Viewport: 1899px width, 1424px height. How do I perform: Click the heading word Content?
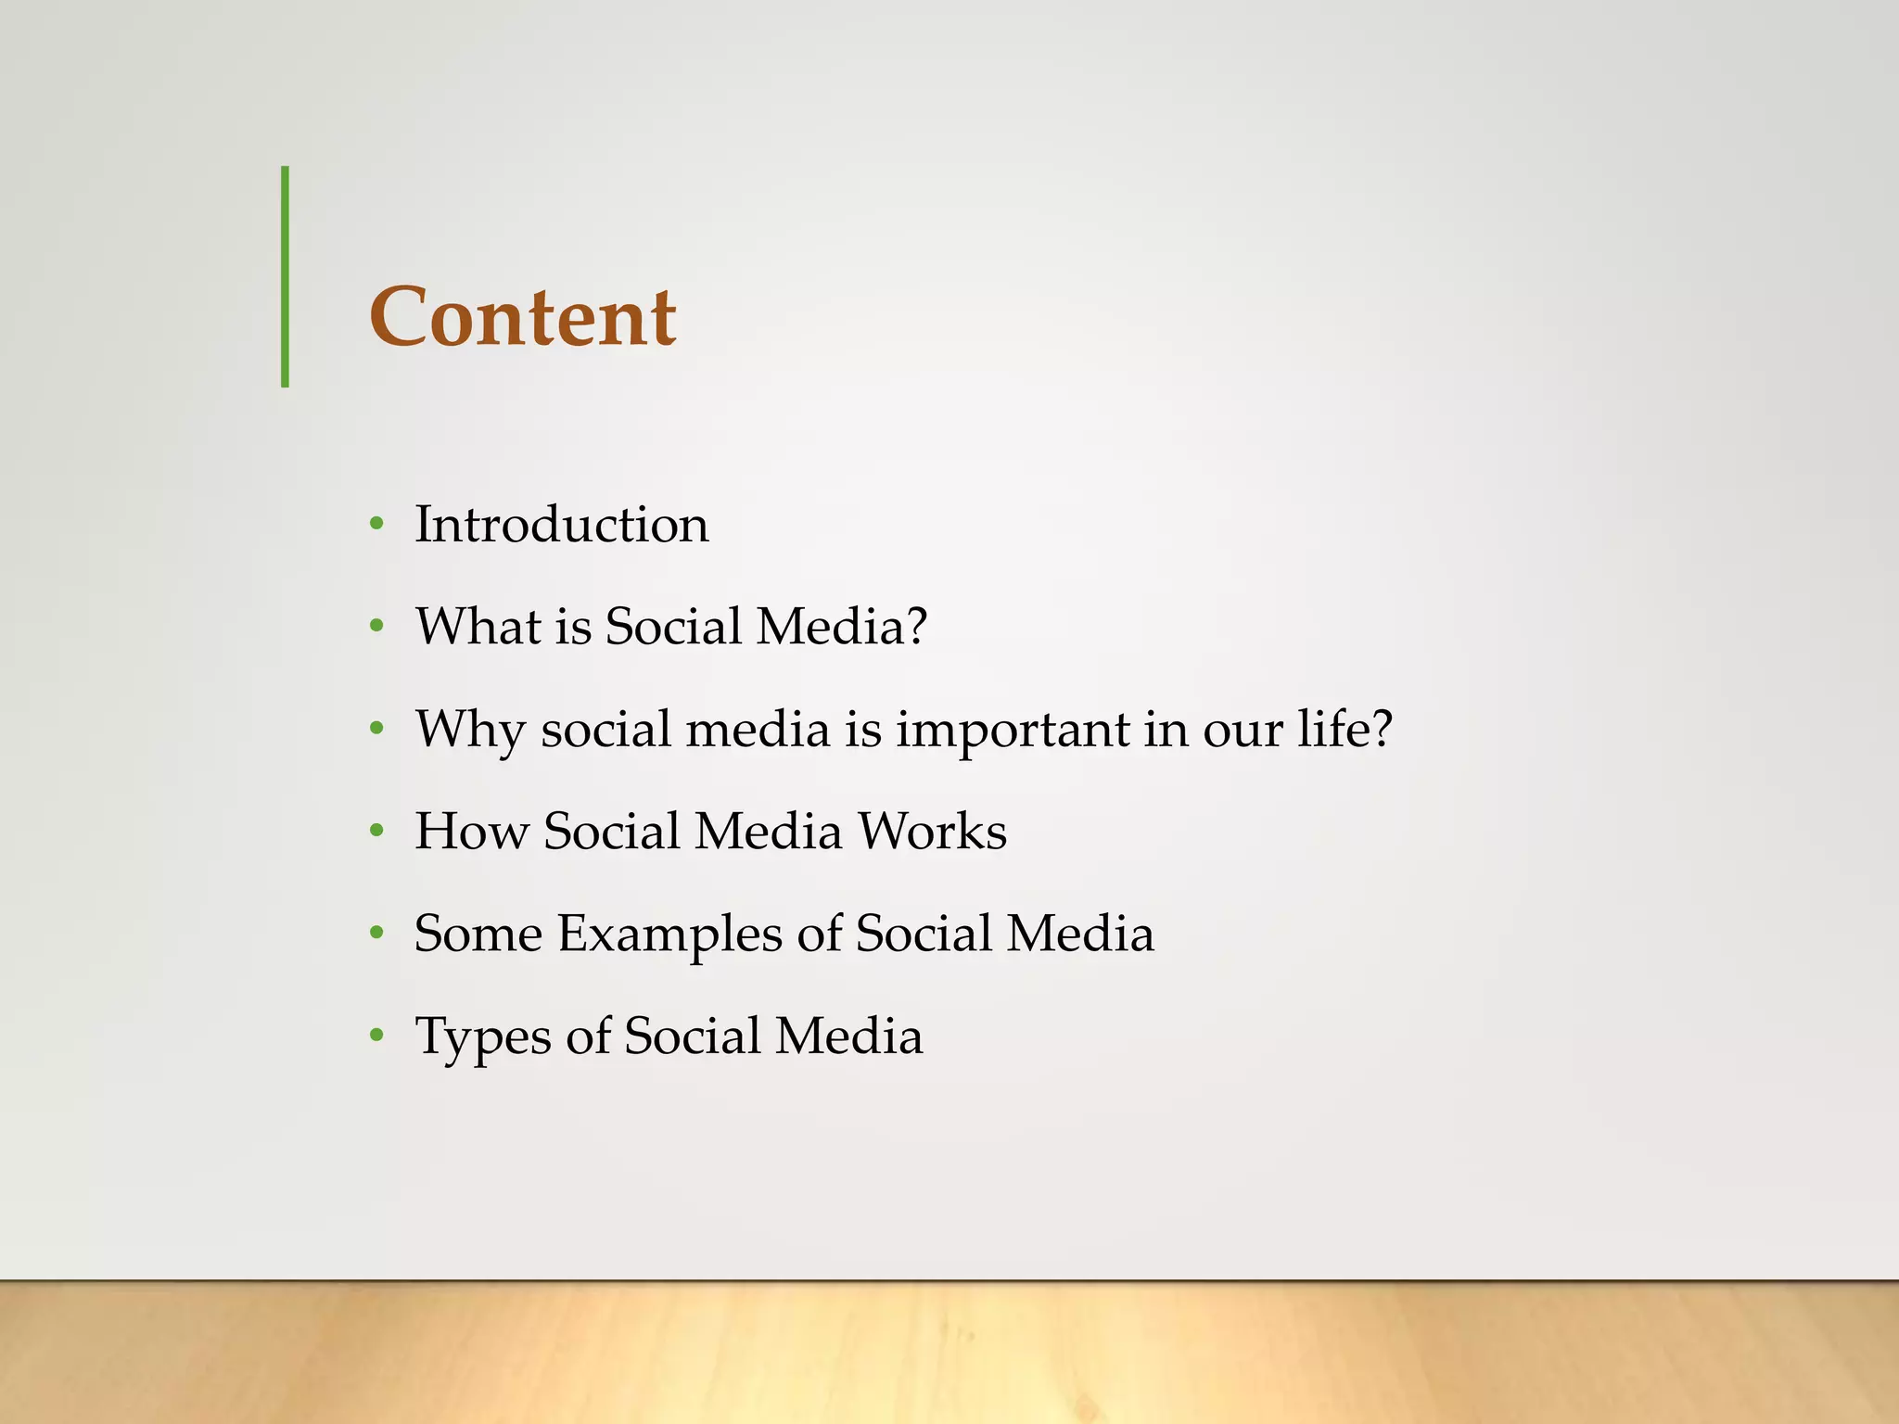point(523,317)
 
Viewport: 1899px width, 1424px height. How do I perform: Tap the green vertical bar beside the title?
point(285,276)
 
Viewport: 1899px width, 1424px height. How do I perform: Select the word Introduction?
point(561,525)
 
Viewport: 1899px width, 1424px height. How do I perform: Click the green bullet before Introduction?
point(376,525)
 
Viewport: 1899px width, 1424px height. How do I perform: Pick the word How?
point(470,832)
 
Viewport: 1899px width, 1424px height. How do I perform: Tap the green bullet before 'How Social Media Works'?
point(376,832)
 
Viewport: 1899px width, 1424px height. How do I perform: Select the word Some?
point(478,934)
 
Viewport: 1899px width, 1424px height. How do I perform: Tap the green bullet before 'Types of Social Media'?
point(376,1036)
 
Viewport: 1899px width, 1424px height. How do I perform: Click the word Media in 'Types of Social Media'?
point(848,1036)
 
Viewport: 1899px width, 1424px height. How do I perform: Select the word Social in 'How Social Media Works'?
point(612,832)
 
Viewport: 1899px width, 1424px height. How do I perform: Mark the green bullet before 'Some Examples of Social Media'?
point(376,934)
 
